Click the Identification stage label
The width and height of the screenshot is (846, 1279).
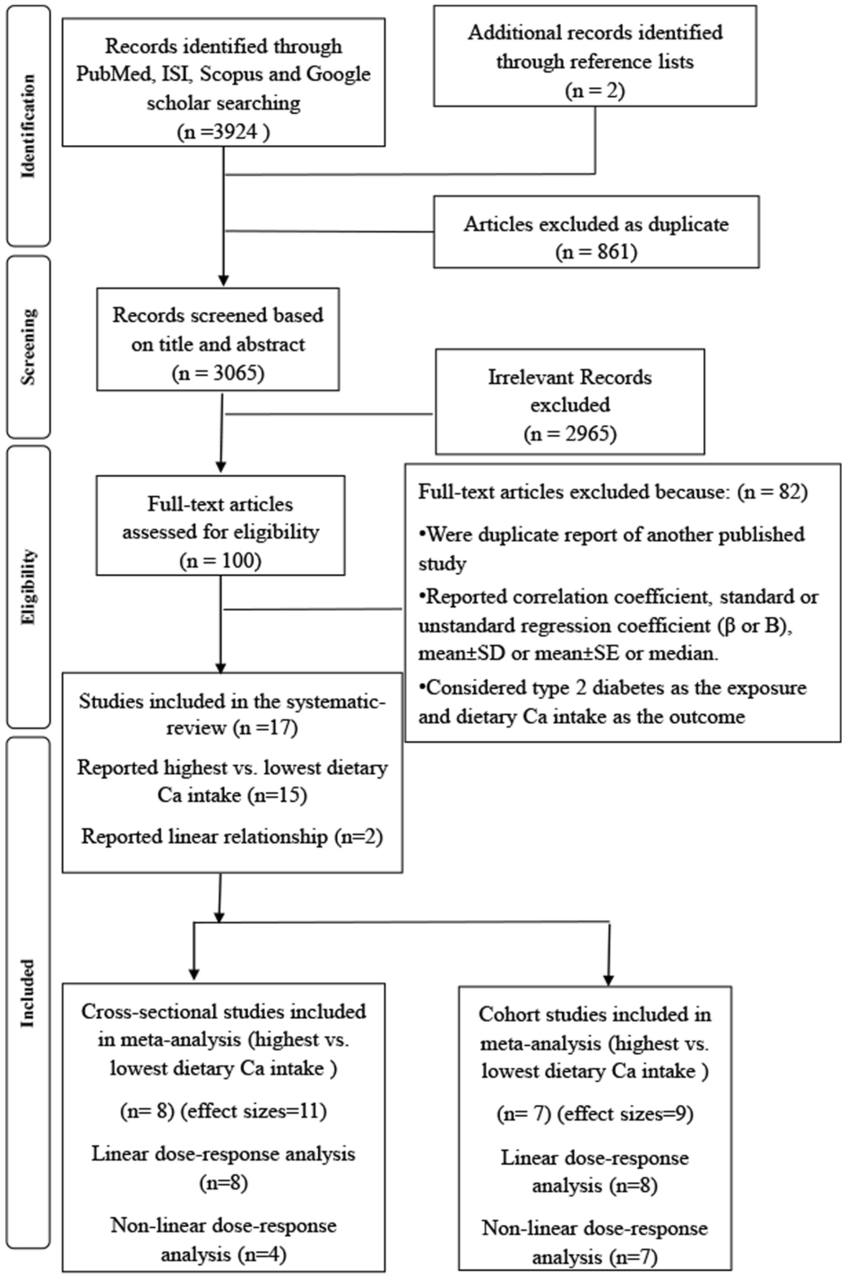coord(28,126)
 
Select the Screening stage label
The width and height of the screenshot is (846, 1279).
coord(28,347)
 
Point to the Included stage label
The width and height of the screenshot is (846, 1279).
coord(28,993)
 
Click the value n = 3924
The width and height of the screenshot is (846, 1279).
coord(223,131)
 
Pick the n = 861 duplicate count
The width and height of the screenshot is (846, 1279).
coord(595,252)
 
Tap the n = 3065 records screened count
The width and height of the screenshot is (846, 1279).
coord(218,372)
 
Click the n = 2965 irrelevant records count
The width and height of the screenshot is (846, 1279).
coord(570,433)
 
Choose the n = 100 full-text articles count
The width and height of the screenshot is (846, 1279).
coord(220,561)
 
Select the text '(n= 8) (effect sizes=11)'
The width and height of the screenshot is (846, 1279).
coord(223,1111)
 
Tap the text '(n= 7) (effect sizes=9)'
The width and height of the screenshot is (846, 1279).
coord(595,1114)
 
